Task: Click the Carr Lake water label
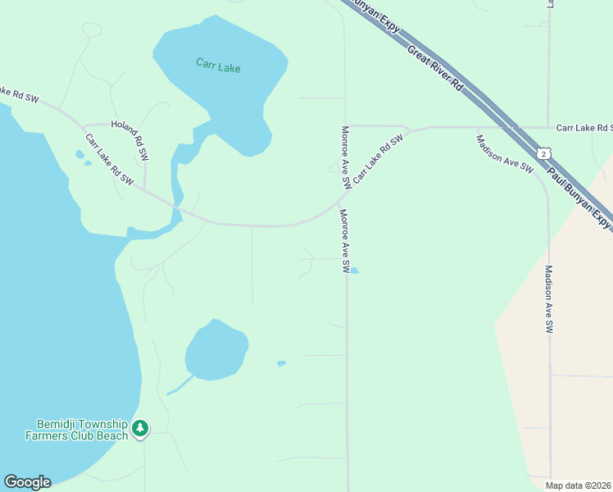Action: click(218, 66)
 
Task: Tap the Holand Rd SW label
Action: click(131, 139)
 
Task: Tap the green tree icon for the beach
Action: click(140, 427)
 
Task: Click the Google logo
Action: click(27, 482)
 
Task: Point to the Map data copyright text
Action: click(578, 485)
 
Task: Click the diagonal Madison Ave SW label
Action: click(505, 153)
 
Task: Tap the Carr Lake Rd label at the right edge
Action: click(583, 128)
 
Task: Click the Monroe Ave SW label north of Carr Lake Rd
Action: click(346, 157)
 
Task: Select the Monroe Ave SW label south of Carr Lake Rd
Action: click(345, 241)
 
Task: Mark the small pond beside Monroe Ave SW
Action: click(355, 270)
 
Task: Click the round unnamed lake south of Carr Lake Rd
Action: click(216, 351)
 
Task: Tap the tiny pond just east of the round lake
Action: click(282, 363)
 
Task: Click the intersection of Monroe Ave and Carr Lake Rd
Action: click(345, 195)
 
